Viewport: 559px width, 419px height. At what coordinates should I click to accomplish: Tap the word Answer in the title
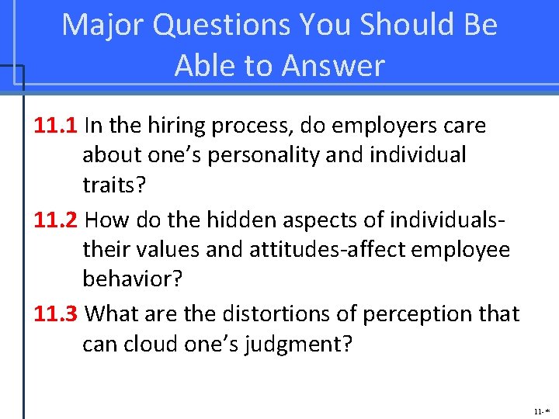333,67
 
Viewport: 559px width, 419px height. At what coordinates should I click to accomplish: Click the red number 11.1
56,126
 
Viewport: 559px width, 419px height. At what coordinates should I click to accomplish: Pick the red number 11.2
56,220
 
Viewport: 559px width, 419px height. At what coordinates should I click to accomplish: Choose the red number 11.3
56,314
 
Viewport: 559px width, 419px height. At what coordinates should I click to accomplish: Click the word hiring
174,126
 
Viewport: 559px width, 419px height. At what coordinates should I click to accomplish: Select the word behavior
132,279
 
